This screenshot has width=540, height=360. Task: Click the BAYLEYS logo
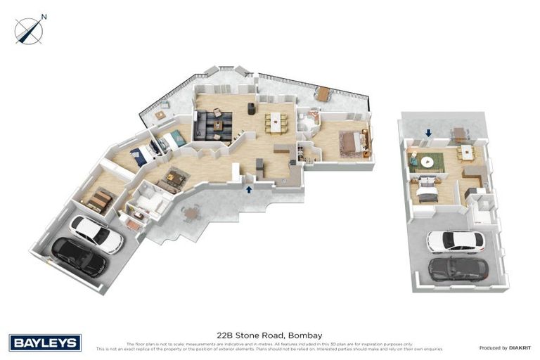pyautogui.click(x=46, y=342)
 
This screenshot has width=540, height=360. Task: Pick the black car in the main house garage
pyautogui.click(x=79, y=257)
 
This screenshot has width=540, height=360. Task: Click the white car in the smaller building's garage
pyautogui.click(x=455, y=241)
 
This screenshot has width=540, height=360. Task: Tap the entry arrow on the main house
pyautogui.click(x=248, y=188)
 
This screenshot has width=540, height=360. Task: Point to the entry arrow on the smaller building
pyautogui.click(x=428, y=132)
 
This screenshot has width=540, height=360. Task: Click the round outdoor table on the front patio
pyautogui.click(x=191, y=212)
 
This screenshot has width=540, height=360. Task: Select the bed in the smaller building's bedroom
pyautogui.click(x=425, y=191)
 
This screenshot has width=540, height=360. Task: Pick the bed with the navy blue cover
pyautogui.click(x=141, y=156)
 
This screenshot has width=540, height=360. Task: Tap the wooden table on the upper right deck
pyautogui.click(x=323, y=93)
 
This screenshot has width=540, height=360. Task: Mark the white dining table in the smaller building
pyautogui.click(x=465, y=153)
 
